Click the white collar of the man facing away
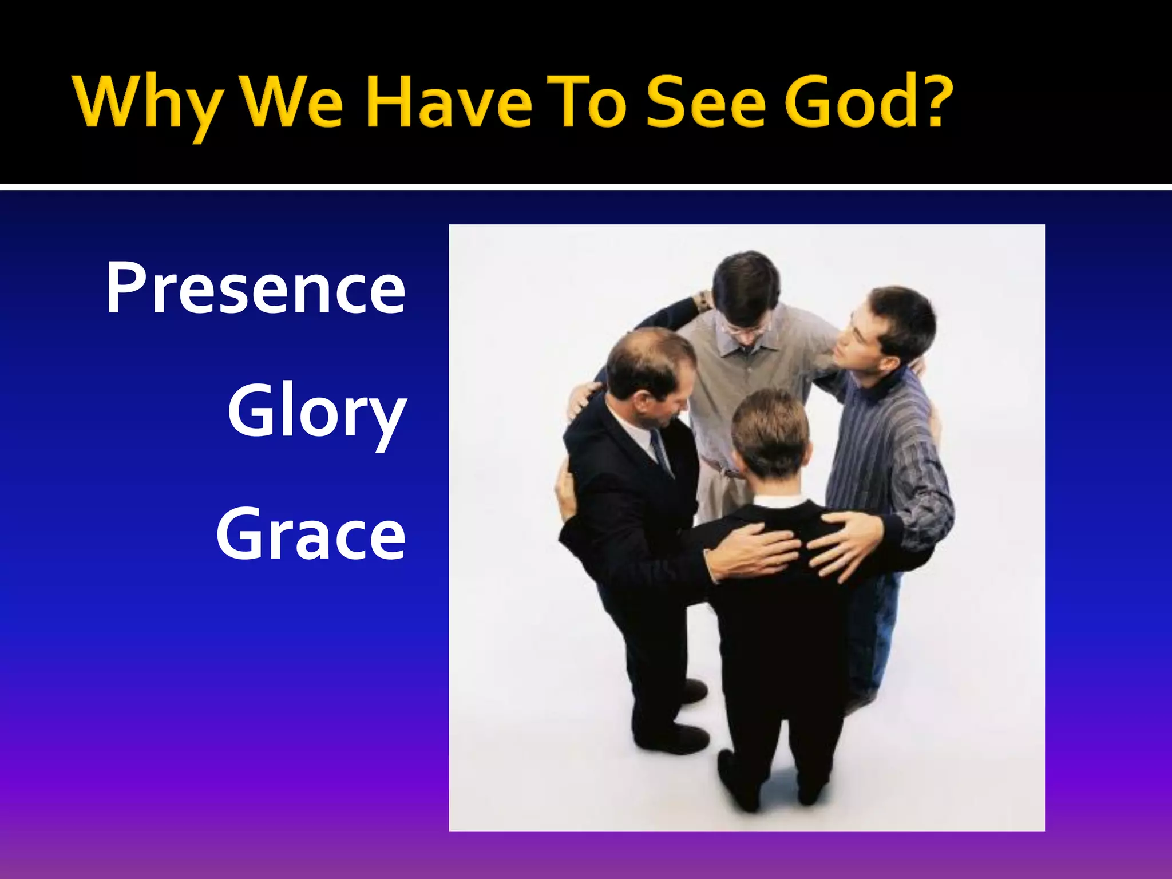tap(778, 502)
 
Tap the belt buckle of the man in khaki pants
tap(730, 473)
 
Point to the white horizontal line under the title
tap(586, 187)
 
